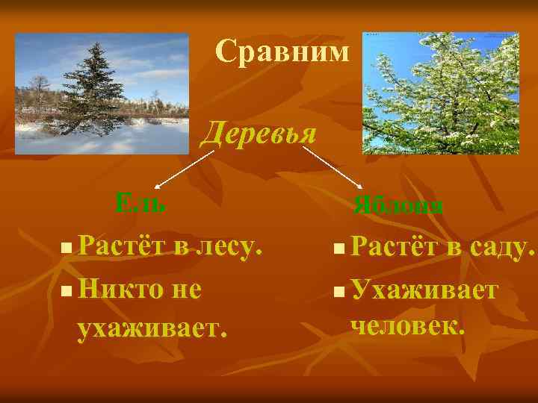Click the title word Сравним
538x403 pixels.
282,51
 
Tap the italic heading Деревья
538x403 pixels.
259,132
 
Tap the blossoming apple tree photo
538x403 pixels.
440,93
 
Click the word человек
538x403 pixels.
406,325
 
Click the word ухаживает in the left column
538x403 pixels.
150,327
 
